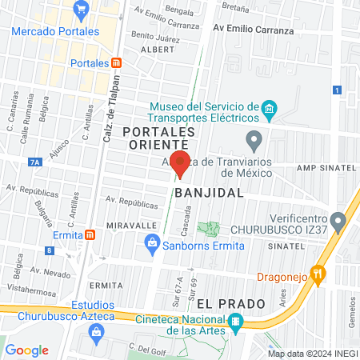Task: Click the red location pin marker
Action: pos(181,162)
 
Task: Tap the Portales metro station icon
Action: pos(117,62)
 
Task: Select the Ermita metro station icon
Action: pos(92,234)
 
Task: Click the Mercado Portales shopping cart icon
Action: pos(80,10)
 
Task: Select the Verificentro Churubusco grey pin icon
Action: pos(340,218)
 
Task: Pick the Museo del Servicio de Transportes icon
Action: pos(270,107)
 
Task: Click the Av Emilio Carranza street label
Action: pos(253,30)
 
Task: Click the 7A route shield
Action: pos(34,162)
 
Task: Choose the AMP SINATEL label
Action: pos(326,168)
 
